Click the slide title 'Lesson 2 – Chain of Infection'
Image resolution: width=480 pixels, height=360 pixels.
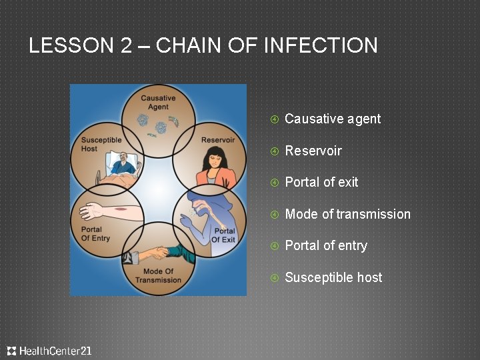pyautogui.click(x=203, y=45)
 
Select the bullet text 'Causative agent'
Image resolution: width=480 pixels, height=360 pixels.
pyautogui.click(x=333, y=119)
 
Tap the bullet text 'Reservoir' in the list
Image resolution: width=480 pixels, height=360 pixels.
pyautogui.click(x=313, y=151)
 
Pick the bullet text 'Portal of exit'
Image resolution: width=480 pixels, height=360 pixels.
pyautogui.click(x=321, y=182)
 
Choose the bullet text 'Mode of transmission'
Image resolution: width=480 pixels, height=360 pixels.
pyautogui.click(x=347, y=214)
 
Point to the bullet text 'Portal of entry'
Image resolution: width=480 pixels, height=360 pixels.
pyautogui.click(x=326, y=245)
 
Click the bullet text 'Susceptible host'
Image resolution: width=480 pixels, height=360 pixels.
pyautogui.click(x=333, y=277)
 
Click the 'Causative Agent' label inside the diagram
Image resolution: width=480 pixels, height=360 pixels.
pyautogui.click(x=158, y=102)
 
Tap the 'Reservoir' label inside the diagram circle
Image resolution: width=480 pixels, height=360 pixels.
pyautogui.click(x=217, y=140)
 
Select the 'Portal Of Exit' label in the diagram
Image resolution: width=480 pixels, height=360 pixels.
pyautogui.click(x=223, y=235)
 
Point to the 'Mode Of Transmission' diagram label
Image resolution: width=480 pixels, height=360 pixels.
pyautogui.click(x=158, y=275)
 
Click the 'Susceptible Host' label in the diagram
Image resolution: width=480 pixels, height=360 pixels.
pyautogui.click(x=101, y=144)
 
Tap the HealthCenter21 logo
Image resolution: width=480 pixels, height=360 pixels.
pyautogui.click(x=49, y=351)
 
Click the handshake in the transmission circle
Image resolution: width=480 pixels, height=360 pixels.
pyautogui.click(x=158, y=253)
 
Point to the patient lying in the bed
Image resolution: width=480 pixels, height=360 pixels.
pyautogui.click(x=121, y=163)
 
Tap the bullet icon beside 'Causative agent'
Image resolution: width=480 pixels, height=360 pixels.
pyautogui.click(x=273, y=119)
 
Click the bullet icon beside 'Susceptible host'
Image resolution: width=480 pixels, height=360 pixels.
pyautogui.click(x=273, y=278)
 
